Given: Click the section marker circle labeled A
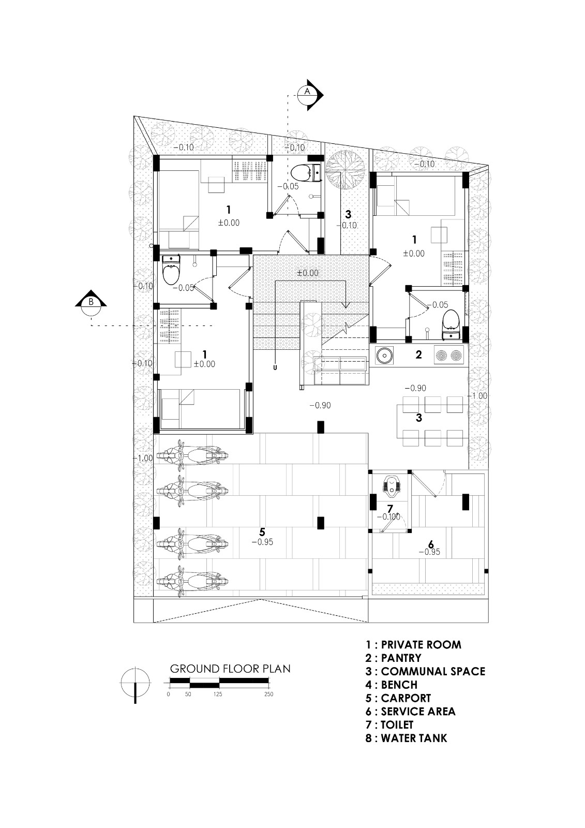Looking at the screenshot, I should click(x=307, y=91).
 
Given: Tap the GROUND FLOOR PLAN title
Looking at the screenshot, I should click(x=230, y=669).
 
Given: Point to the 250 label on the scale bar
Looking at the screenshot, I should click(x=268, y=694).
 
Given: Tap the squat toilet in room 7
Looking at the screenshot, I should click(x=392, y=485).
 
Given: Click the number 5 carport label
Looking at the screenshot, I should click(x=262, y=532).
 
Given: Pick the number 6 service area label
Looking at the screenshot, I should click(x=430, y=544).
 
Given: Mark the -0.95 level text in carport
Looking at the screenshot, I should click(x=262, y=542).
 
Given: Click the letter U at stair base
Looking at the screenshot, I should click(x=275, y=368).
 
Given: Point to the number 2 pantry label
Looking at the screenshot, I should click(x=418, y=355).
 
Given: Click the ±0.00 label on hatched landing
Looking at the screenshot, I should click(x=308, y=273).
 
